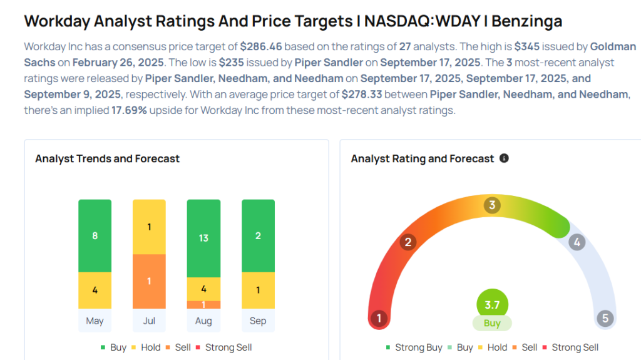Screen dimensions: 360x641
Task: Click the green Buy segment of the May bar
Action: click(95, 236)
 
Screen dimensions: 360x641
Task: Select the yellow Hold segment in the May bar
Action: click(95, 291)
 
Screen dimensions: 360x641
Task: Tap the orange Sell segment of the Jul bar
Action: click(149, 281)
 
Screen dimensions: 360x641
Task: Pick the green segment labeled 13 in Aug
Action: click(203, 239)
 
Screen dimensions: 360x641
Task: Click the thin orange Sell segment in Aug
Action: click(203, 305)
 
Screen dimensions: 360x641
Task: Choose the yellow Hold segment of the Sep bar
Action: click(258, 291)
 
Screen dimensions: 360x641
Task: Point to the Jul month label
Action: click(149, 321)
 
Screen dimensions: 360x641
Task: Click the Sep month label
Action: click(258, 321)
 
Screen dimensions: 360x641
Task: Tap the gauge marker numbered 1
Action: click(379, 318)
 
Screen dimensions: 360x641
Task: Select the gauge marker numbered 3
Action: click(493, 205)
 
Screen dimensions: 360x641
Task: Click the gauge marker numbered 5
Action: click(605, 318)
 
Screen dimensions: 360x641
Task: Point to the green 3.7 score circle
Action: click(492, 305)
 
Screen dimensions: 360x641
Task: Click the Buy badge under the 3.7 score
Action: click(492, 324)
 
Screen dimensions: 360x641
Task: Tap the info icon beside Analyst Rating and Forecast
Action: click(504, 158)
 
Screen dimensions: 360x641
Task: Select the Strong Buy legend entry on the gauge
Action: click(414, 347)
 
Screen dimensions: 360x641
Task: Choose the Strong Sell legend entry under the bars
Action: click(223, 347)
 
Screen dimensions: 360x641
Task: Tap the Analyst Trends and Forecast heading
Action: click(107, 159)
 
